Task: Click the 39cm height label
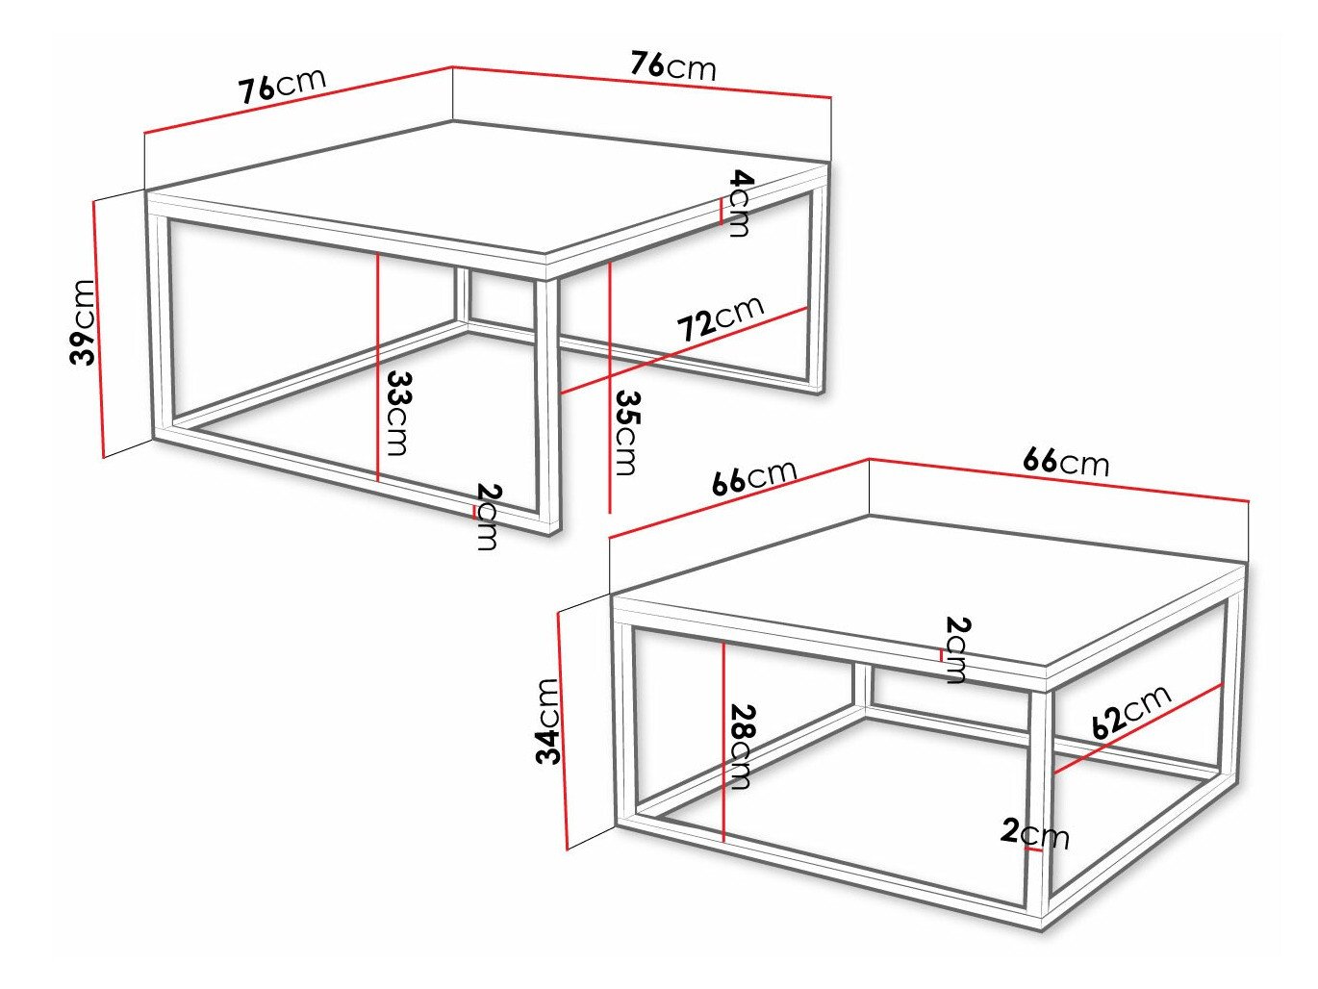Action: [84, 322]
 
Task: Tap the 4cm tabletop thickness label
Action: [740, 203]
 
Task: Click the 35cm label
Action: [626, 432]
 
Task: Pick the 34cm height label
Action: [547, 721]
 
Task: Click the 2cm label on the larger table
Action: [488, 518]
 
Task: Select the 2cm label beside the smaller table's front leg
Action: [1035, 833]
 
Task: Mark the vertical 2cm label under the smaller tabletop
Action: [956, 650]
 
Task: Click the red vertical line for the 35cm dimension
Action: [610, 385]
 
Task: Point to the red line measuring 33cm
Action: [378, 366]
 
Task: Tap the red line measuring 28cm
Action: [722, 741]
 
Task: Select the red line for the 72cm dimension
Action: [683, 350]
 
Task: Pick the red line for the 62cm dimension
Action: [1138, 728]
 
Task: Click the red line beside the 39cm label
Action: [98, 327]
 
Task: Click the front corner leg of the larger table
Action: [548, 404]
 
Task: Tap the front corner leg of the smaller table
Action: [1038, 799]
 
